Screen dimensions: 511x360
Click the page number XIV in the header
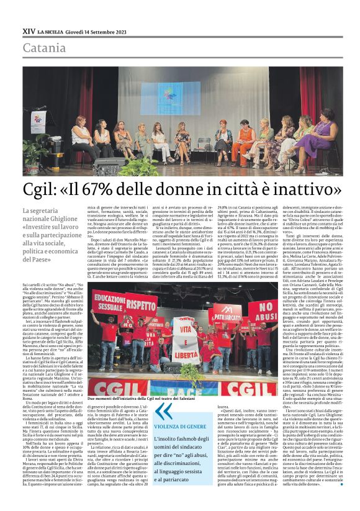coord(28,30)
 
